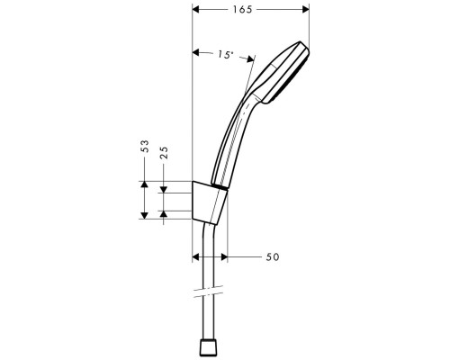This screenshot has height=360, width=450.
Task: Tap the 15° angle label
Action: pos(224,55)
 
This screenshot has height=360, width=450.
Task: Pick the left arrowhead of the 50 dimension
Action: pos(198,257)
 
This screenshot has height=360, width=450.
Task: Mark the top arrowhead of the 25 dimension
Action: pos(163,189)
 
